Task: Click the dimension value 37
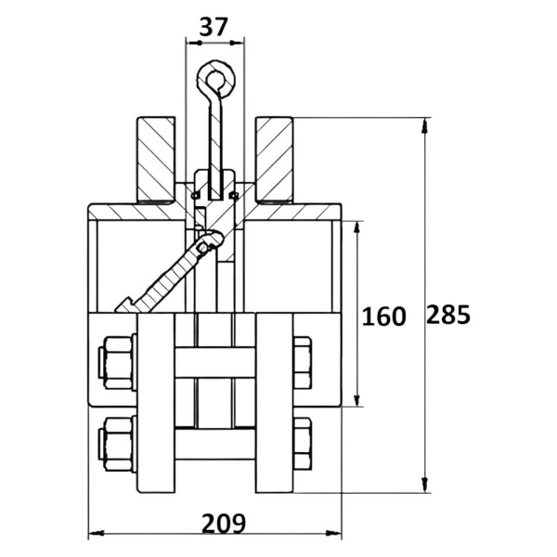click(x=213, y=27)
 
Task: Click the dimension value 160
click(x=383, y=317)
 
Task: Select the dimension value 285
click(x=448, y=315)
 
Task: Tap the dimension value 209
click(x=224, y=524)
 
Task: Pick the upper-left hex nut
click(x=118, y=362)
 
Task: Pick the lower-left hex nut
click(x=118, y=444)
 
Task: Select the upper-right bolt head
click(x=303, y=362)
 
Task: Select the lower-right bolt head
click(x=303, y=444)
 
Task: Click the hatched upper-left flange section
click(x=156, y=160)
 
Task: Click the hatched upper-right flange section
click(x=274, y=160)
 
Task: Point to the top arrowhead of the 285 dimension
click(x=424, y=124)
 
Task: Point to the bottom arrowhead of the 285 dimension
click(x=424, y=486)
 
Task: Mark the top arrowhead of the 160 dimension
click(x=357, y=227)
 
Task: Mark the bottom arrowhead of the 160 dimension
click(x=357, y=399)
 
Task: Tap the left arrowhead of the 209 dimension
click(x=96, y=533)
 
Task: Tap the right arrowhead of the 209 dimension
click(x=334, y=533)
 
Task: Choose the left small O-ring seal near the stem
click(x=195, y=195)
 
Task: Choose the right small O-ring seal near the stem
click(x=233, y=195)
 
